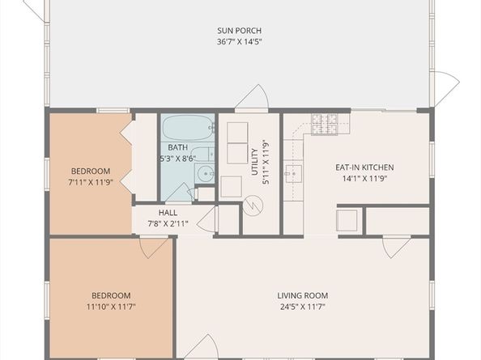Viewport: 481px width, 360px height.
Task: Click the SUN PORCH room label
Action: [238, 31]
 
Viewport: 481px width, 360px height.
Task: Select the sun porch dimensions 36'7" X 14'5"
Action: [238, 41]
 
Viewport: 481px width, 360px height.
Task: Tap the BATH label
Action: [178, 147]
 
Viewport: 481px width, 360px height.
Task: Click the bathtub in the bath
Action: [187, 129]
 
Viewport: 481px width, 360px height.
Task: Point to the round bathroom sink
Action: [206, 173]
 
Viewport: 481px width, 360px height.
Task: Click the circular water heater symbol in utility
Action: [253, 206]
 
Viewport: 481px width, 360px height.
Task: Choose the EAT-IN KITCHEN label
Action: [364, 167]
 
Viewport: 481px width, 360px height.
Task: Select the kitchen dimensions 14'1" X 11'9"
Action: [364, 178]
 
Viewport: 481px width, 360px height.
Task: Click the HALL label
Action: [168, 213]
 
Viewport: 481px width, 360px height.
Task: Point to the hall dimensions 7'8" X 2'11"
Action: [168, 223]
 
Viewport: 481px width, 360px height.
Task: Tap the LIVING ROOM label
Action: [303, 295]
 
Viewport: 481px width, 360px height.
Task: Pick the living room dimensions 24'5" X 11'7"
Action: [303, 307]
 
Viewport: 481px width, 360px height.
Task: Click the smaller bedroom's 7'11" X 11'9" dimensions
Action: [91, 182]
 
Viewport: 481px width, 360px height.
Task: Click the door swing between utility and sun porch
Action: [252, 97]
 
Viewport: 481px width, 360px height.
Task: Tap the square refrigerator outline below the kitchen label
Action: [347, 221]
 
